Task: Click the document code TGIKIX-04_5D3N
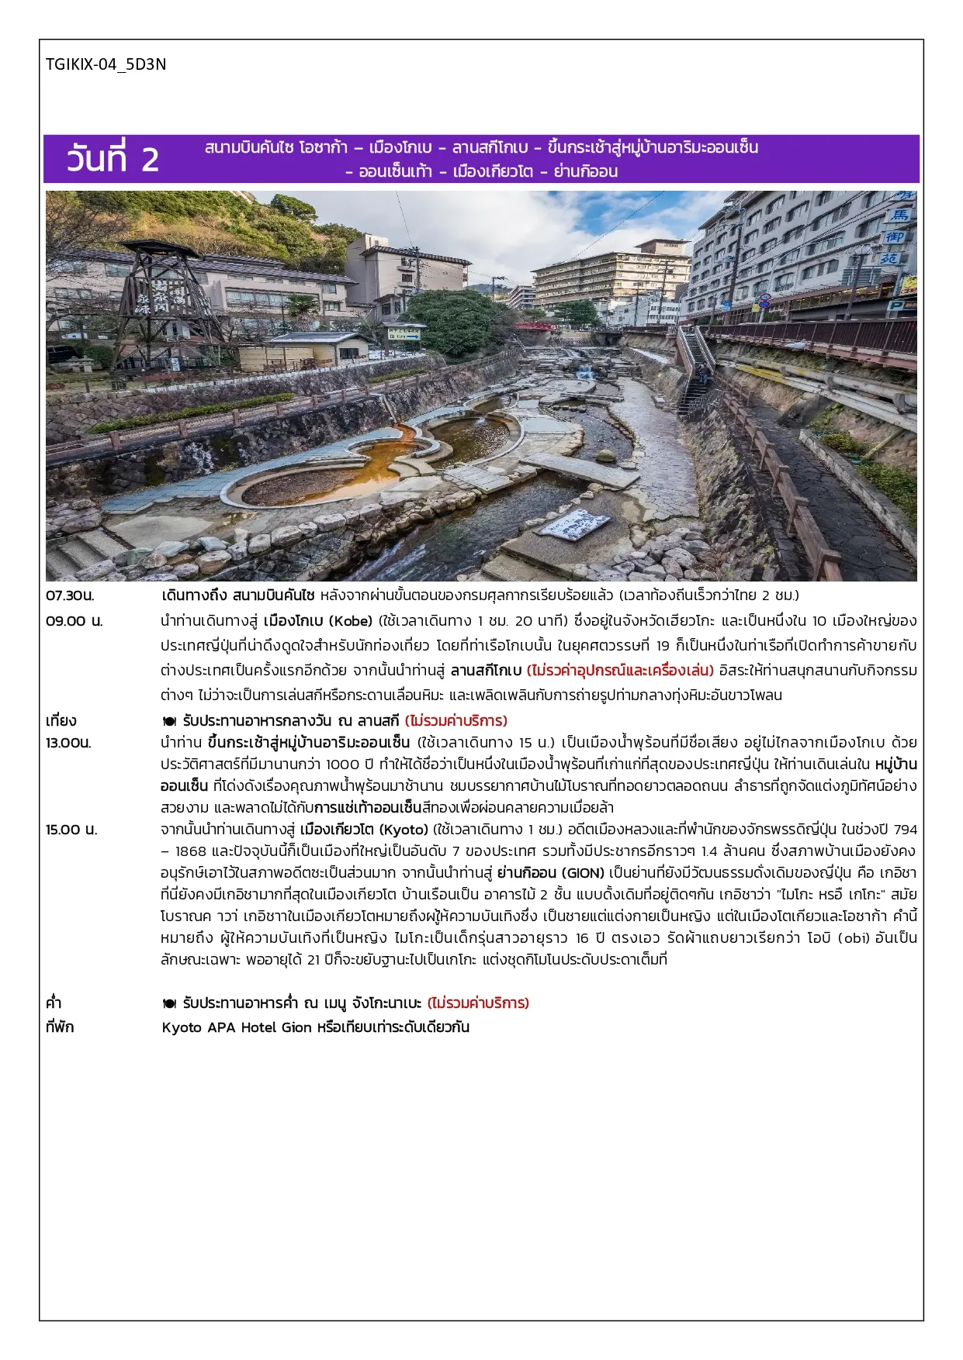[106, 64]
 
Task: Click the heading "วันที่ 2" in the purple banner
[113, 159]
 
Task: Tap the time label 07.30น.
[70, 595]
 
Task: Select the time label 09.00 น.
[74, 621]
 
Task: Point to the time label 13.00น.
[68, 743]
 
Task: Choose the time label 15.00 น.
[71, 830]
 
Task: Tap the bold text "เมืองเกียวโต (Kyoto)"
[364, 830]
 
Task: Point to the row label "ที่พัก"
[60, 1027]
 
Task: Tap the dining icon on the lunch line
[169, 721]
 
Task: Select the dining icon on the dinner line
[169, 1003]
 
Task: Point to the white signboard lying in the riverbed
[576, 524]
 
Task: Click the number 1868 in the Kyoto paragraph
[191, 851]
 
